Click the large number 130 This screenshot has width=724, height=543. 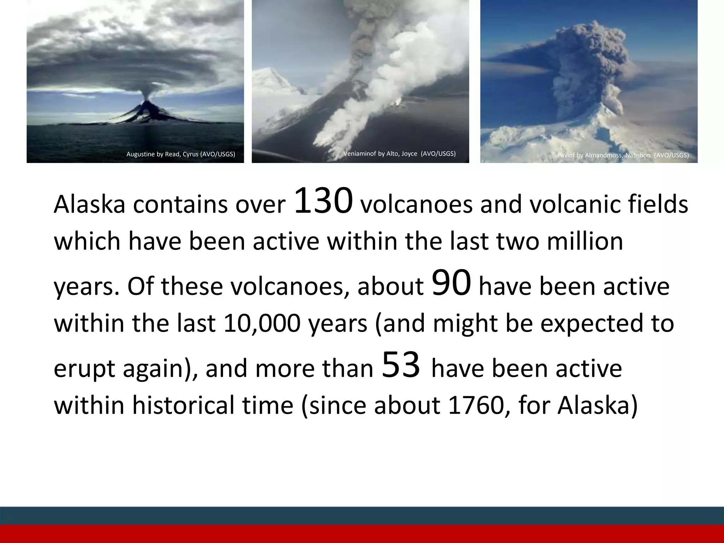point(323,201)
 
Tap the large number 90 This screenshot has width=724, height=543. point(451,283)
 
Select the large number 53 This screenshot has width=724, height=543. point(401,365)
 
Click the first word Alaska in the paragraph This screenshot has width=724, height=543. point(89,205)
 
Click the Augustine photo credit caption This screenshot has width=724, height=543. point(181,154)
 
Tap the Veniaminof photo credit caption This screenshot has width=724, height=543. point(399,153)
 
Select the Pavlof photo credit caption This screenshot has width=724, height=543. point(623,155)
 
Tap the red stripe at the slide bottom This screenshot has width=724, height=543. point(362,534)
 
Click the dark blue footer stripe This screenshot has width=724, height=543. point(362,515)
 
